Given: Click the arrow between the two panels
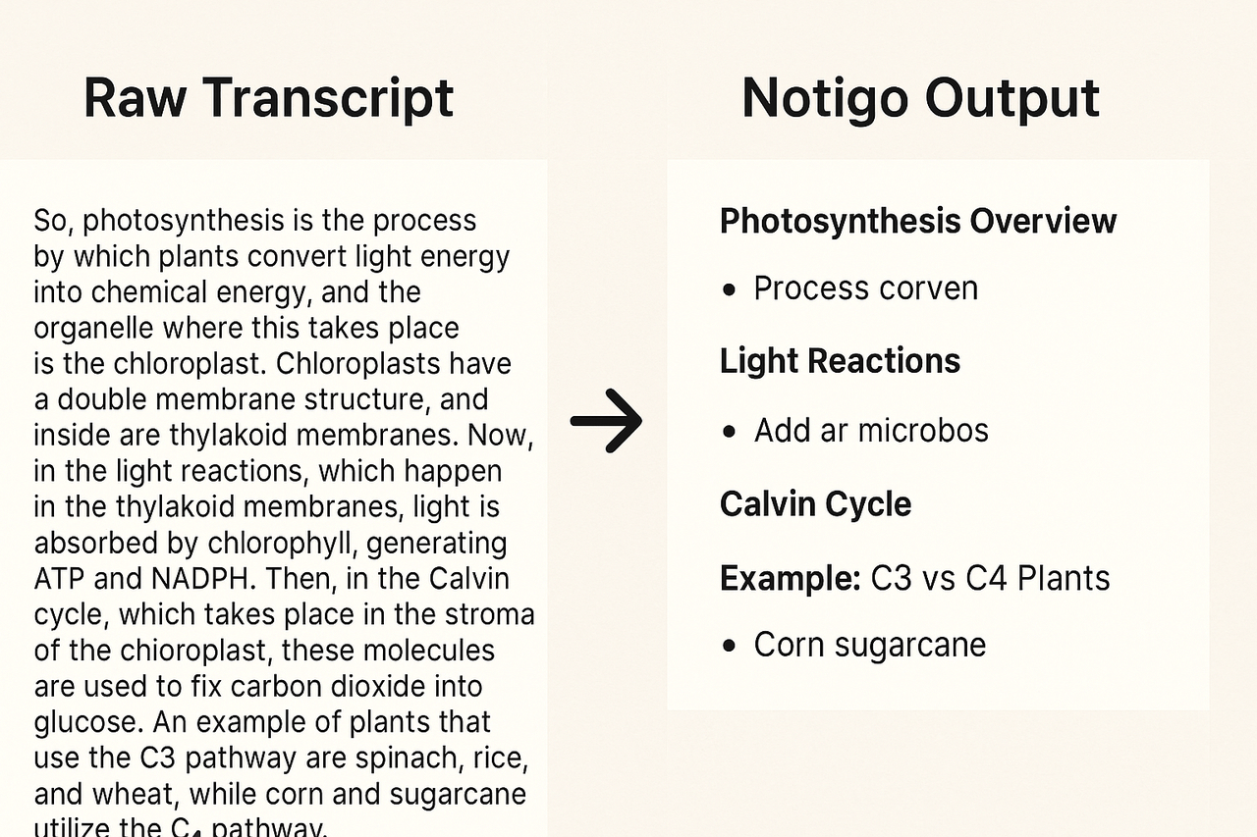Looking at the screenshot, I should click(606, 420).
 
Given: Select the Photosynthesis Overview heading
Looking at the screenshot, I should click(917, 221).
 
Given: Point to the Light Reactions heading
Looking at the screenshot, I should click(840, 361).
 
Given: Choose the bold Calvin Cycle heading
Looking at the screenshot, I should click(815, 504).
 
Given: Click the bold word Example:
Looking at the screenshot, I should click(791, 578).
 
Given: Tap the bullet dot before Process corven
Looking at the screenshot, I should click(729, 290).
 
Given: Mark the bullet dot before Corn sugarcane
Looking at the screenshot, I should click(729, 647).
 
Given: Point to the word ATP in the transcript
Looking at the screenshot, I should click(60, 578).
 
